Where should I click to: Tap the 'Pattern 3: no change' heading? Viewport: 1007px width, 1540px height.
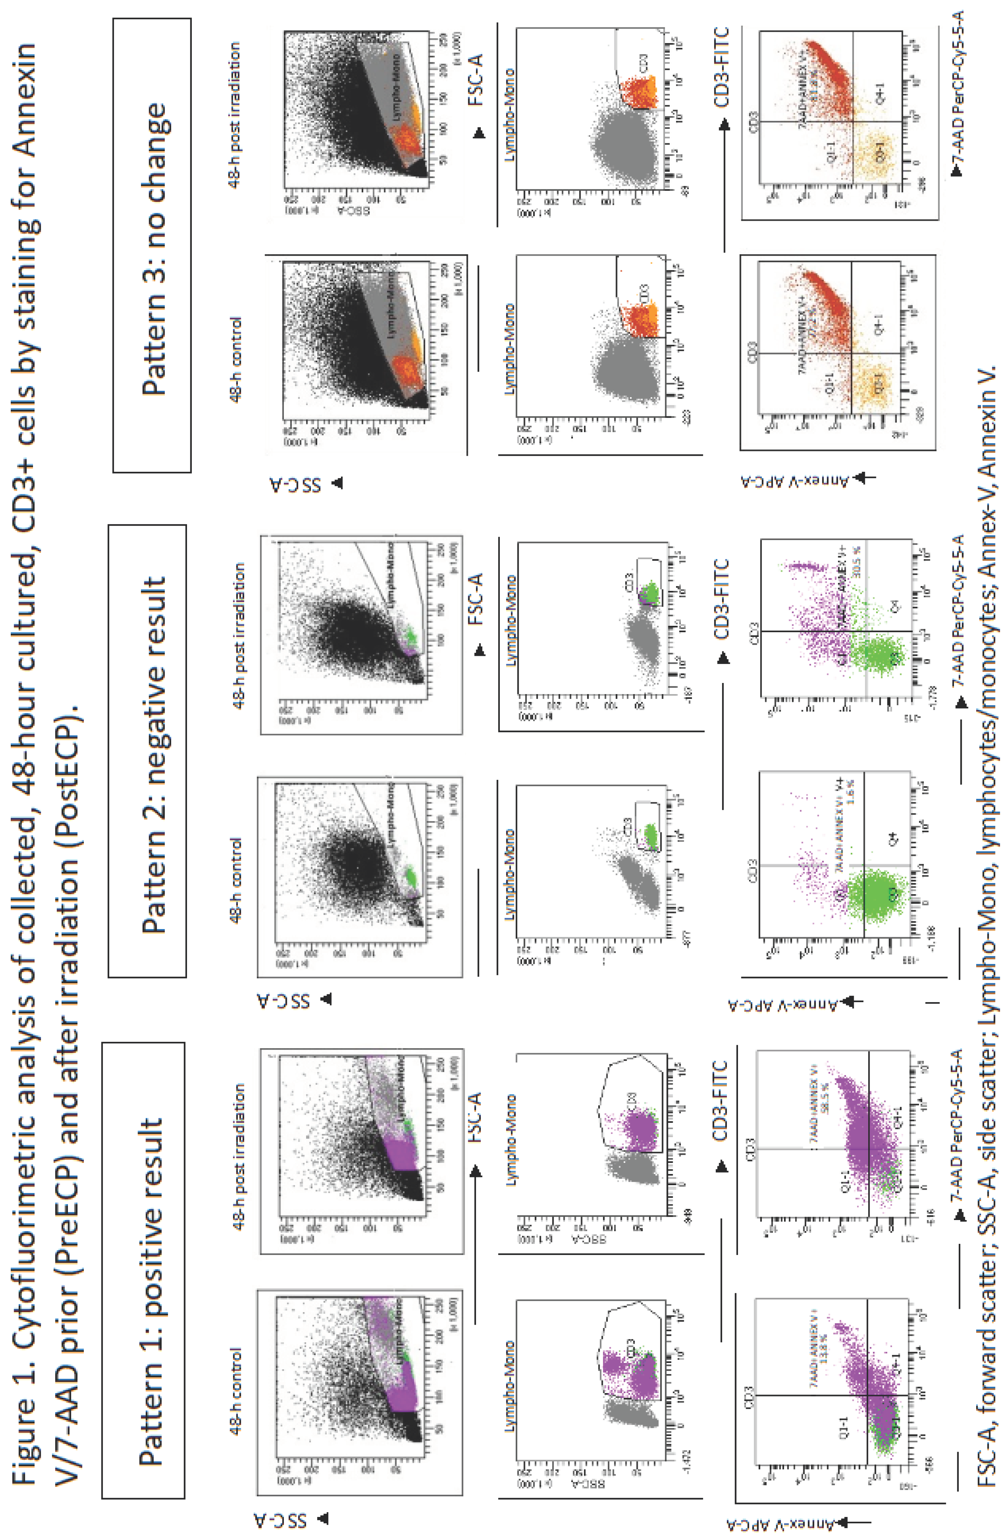click(152, 245)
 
